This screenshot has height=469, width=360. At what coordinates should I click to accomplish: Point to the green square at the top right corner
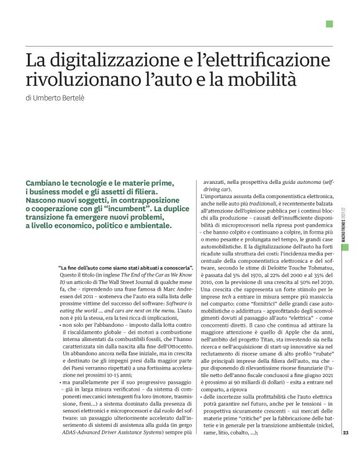(330, 24)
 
